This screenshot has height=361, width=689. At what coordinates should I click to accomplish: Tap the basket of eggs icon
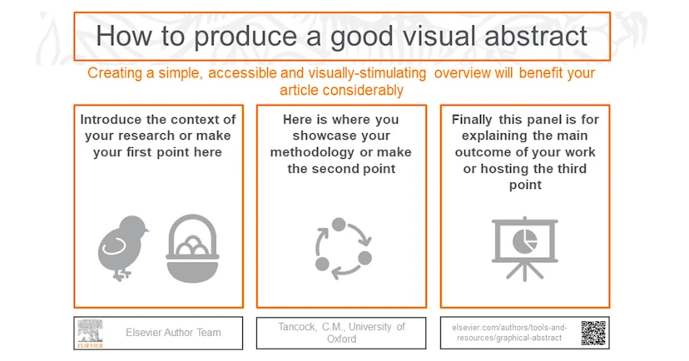[192, 249]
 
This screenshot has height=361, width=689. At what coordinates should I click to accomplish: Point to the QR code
[592, 333]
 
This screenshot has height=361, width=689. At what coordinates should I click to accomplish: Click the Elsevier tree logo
[89, 333]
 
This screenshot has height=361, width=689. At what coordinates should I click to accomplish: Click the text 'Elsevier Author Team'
[174, 333]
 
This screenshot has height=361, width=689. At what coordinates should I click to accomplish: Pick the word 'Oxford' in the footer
[343, 339]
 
